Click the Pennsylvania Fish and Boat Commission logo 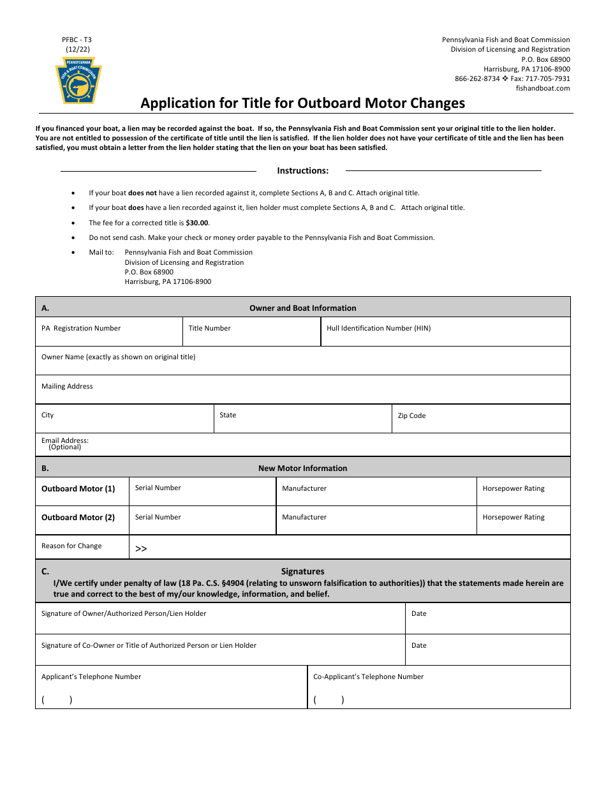coord(78,80)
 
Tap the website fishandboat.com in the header coord(543,88)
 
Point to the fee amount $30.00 coord(197,223)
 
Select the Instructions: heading coord(302,170)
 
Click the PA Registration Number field coord(108,332)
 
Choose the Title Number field coord(251,332)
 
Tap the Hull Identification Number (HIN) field coord(445,332)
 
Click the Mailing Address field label coord(67,386)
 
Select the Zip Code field coord(480,419)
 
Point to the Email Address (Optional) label coord(65,444)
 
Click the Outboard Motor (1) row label coord(78,489)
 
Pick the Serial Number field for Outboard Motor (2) coord(202,520)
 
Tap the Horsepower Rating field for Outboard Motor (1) coord(522,491)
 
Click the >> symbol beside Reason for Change coord(141,548)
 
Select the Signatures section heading coord(302,571)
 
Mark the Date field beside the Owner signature coord(487,618)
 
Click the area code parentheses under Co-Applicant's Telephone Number coord(329,699)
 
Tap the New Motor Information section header coord(302,468)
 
